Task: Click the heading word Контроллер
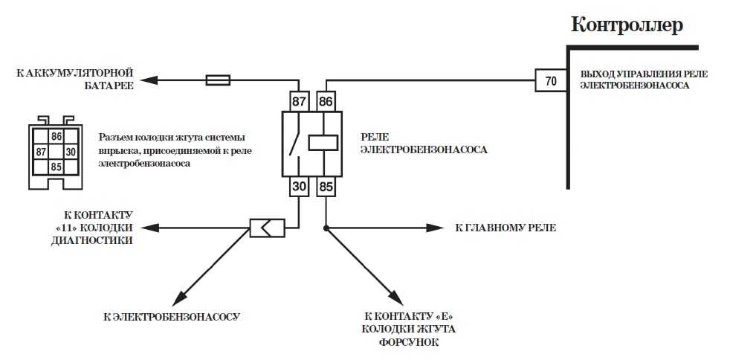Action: click(x=626, y=25)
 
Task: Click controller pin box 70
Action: click(x=550, y=81)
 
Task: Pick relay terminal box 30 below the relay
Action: click(x=298, y=187)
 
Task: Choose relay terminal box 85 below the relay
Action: click(x=326, y=187)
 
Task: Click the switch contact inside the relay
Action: click(x=297, y=143)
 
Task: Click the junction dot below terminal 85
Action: click(x=326, y=228)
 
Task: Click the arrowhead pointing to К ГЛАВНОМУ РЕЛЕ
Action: click(x=439, y=228)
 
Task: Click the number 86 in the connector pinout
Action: click(x=56, y=137)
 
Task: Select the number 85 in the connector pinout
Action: click(x=56, y=167)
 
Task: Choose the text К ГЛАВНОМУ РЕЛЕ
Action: click(x=505, y=228)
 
